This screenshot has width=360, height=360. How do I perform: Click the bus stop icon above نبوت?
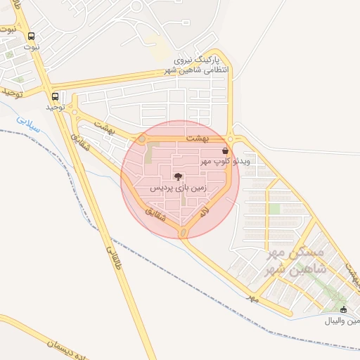click(x=31, y=36)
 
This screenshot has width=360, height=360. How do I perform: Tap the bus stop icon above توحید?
click(x=56, y=97)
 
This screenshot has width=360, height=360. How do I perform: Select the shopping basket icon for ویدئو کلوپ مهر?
click(x=225, y=150)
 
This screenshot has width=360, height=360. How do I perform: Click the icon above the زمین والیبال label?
click(x=343, y=310)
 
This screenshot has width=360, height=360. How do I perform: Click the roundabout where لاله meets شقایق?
click(x=185, y=233)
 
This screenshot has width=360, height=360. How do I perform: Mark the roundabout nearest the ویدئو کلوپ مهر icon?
click(x=231, y=139)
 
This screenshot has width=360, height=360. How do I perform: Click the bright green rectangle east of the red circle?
click(x=274, y=209)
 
